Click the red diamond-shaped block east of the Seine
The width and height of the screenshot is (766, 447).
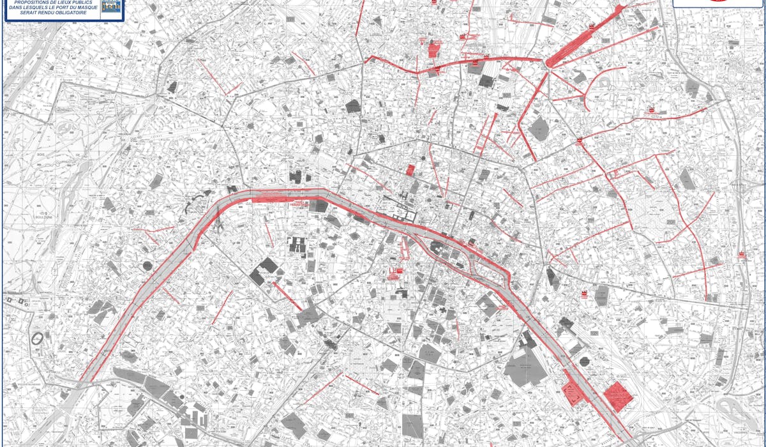pyautogui.click(x=618, y=397)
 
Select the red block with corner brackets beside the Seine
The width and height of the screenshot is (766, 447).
pyautogui.click(x=573, y=391)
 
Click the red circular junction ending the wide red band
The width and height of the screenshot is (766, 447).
pyautogui.click(x=550, y=63)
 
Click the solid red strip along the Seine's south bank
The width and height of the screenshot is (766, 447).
pyautogui.click(x=271, y=200)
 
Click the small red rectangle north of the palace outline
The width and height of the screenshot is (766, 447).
pyautogui.click(x=410, y=170)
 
